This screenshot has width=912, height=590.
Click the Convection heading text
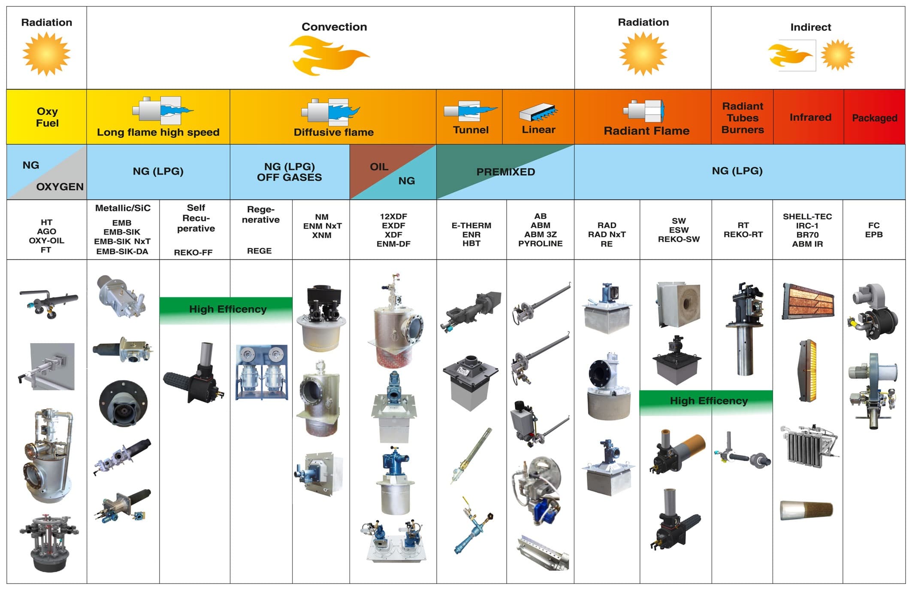334,27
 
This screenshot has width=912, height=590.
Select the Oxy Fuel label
47,117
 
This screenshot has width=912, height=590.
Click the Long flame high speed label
158,132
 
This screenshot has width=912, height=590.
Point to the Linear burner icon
538,112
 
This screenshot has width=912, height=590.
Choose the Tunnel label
471,130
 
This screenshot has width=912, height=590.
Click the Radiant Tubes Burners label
743,118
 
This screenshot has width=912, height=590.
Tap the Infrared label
810,117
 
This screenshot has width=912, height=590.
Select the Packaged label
874,118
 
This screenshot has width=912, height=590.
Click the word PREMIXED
506,172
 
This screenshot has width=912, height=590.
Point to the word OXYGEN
60,187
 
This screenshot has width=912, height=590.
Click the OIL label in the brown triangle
379,167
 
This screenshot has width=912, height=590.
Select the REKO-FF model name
193,252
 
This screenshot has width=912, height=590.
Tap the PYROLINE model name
540,243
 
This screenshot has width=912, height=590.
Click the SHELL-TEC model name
807,216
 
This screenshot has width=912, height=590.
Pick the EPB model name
874,234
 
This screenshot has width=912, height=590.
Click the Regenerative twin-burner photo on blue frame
261,372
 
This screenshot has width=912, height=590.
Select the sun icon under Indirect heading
837,55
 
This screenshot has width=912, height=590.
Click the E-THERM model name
471,225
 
